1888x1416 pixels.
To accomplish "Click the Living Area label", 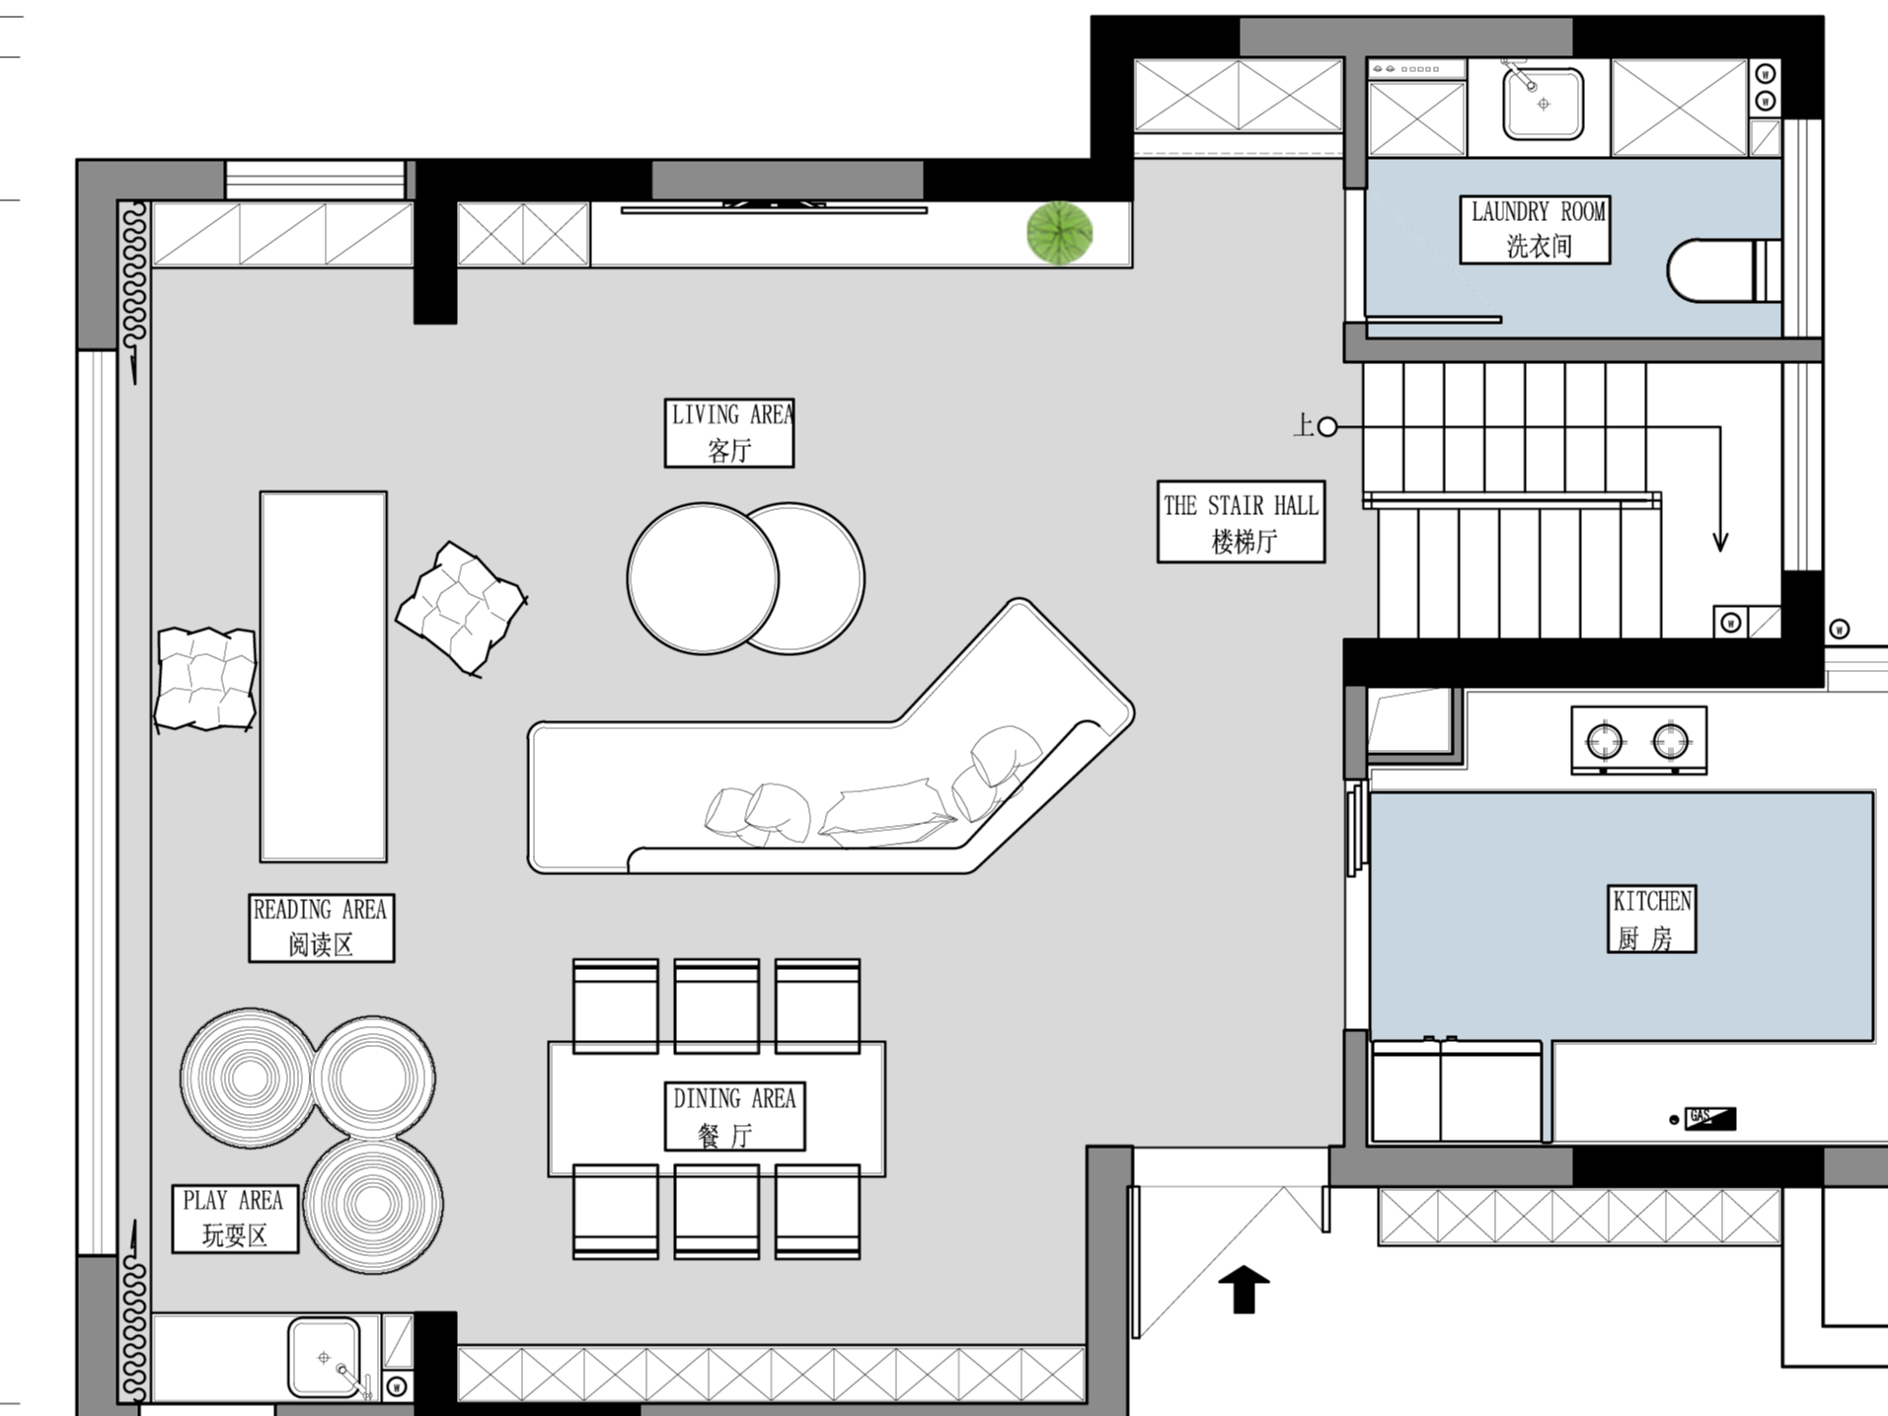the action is pyautogui.click(x=728, y=432).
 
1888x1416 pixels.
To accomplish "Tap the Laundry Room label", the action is pyautogui.click(x=1535, y=229).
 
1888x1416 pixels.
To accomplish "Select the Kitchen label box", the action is pyautogui.click(x=1651, y=919).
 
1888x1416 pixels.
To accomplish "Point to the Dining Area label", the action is pyautogui.click(x=734, y=1116).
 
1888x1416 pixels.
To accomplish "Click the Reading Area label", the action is pyautogui.click(x=321, y=928).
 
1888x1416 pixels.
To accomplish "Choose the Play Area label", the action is pyautogui.click(x=235, y=1219).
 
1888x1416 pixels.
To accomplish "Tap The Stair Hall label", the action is pyautogui.click(x=1241, y=522).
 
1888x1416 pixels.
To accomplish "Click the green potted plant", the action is pyautogui.click(x=1059, y=234).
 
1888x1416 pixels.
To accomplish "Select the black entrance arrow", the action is pyautogui.click(x=1244, y=1290).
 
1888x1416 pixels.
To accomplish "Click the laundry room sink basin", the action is pyautogui.click(x=1543, y=103).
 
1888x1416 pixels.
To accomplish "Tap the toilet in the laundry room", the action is pyautogui.click(x=1723, y=270).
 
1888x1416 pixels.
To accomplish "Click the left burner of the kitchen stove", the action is pyautogui.click(x=1604, y=739).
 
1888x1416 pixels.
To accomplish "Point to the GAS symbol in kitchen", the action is pyautogui.click(x=1709, y=1118).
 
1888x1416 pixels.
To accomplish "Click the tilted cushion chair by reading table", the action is pyautogui.click(x=461, y=607).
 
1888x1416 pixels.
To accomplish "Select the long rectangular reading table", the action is pyautogui.click(x=323, y=677).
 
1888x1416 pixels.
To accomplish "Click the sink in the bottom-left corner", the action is pyautogui.click(x=324, y=1359).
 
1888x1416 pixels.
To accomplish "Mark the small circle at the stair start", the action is pyautogui.click(x=1327, y=427).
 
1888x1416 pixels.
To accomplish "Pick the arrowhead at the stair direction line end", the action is pyautogui.click(x=1720, y=542).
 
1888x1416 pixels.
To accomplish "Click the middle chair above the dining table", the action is pyautogui.click(x=717, y=1006).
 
